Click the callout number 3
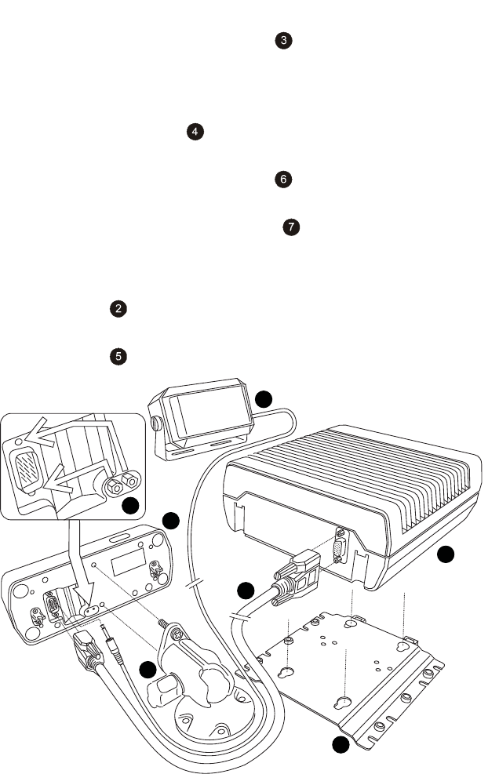click(x=285, y=40)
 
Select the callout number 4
click(x=194, y=133)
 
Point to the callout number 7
click(x=291, y=227)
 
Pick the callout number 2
click(x=118, y=309)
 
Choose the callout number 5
click(x=118, y=356)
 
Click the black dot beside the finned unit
click(x=445, y=555)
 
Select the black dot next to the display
click(x=264, y=398)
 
